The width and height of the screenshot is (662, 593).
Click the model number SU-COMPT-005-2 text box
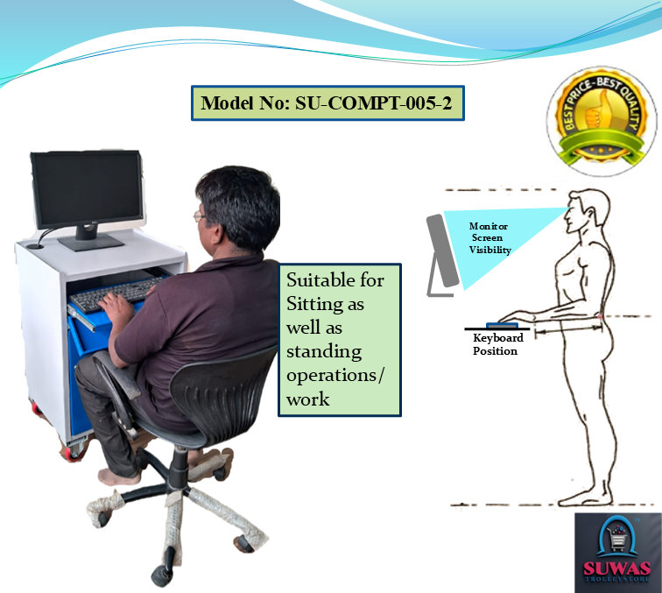click(x=327, y=103)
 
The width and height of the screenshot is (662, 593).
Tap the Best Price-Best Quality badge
click(x=602, y=121)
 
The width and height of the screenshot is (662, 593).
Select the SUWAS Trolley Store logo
click(x=617, y=553)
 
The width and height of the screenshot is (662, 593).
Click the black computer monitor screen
click(x=87, y=190)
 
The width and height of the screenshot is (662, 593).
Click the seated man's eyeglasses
click(x=200, y=216)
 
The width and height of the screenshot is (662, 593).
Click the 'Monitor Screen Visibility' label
click(x=489, y=237)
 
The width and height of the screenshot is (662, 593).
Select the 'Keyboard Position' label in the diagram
click(x=497, y=344)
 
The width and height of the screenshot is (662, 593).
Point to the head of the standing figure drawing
click(x=587, y=210)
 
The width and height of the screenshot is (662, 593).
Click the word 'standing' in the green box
click(x=324, y=352)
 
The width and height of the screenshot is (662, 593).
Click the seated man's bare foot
click(x=119, y=477)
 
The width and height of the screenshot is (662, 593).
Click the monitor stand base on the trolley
click(x=91, y=242)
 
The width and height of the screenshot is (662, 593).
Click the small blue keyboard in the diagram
click(x=502, y=325)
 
